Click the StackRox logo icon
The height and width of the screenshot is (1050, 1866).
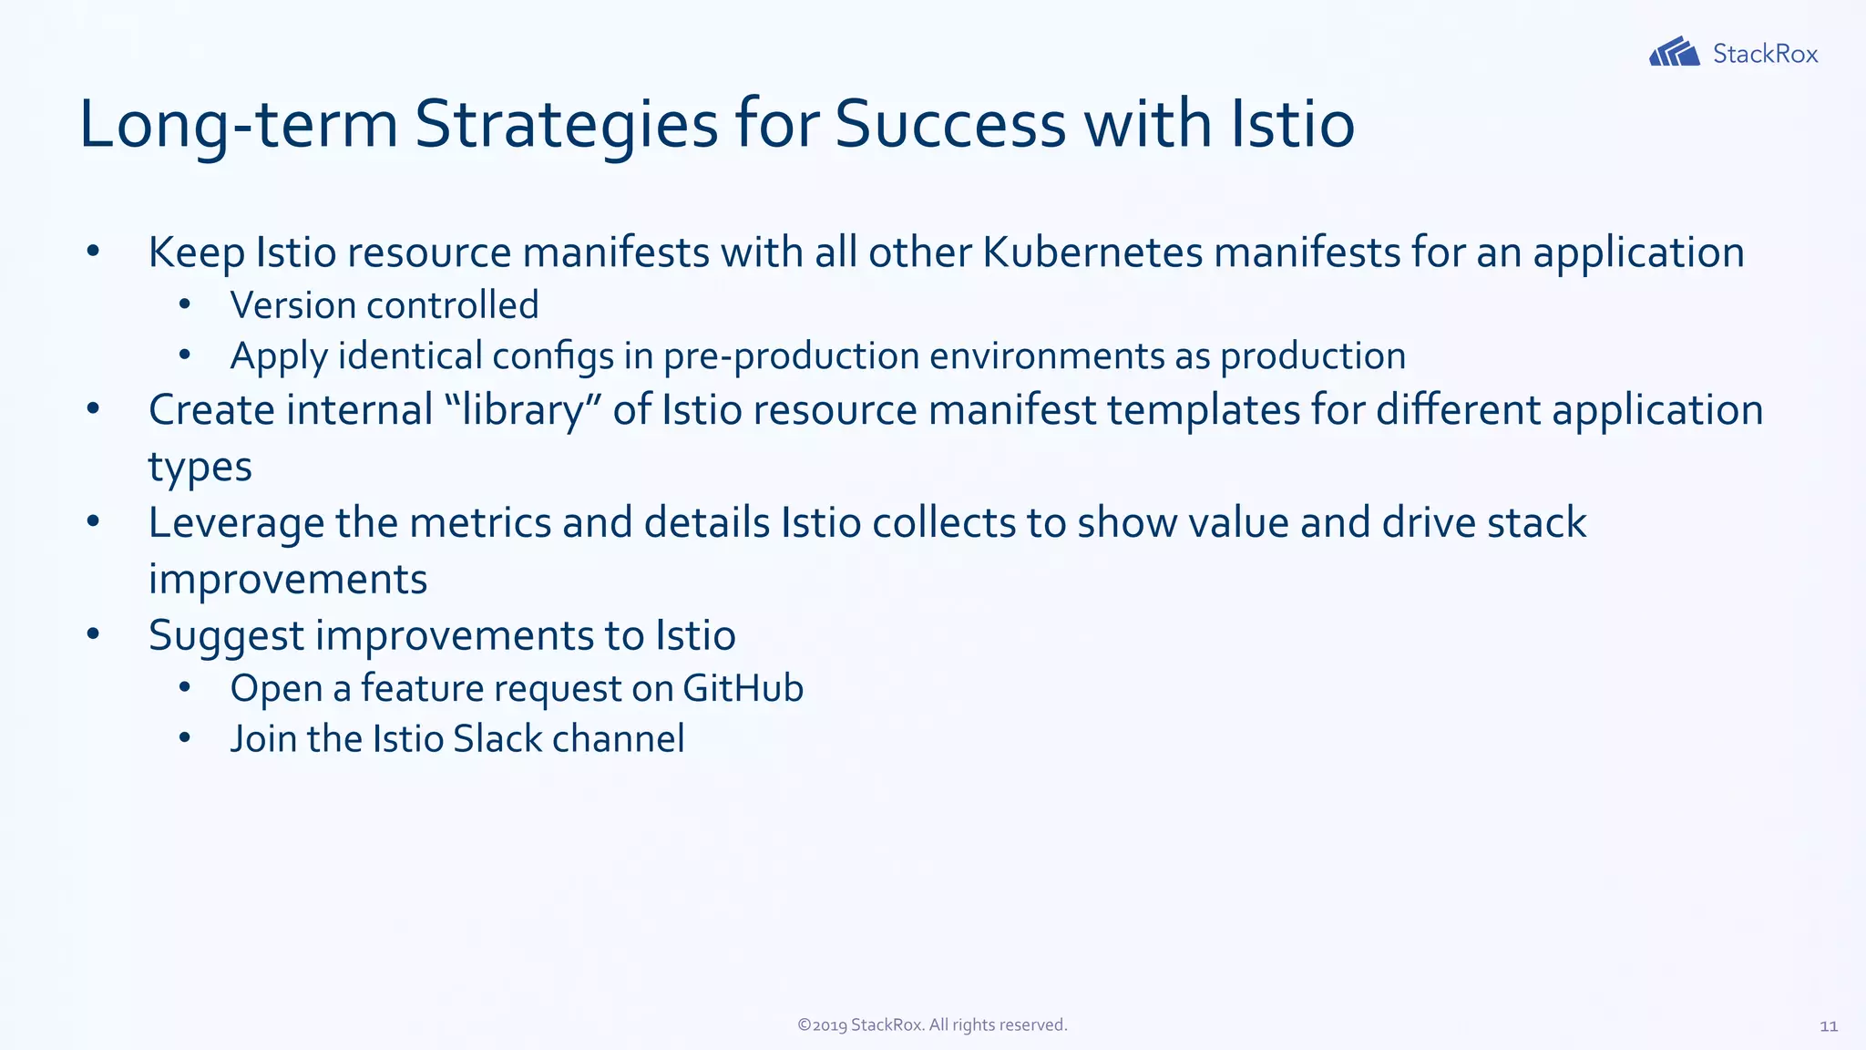click(x=1674, y=53)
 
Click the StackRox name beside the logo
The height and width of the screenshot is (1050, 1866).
click(x=1765, y=54)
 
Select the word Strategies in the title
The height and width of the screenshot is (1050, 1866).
click(x=566, y=124)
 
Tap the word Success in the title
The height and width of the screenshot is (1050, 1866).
click(x=949, y=124)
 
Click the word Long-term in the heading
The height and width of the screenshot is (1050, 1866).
click(x=239, y=124)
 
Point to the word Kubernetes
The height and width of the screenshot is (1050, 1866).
click(x=1092, y=252)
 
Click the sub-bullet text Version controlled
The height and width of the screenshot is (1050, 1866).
click(x=384, y=305)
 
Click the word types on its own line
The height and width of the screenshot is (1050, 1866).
click(x=200, y=468)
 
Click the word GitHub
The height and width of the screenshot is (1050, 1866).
click(x=743, y=688)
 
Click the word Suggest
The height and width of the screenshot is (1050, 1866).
click(x=226, y=636)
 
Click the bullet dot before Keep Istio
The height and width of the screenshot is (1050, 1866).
click(x=92, y=252)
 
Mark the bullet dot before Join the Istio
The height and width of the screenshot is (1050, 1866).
click(x=184, y=737)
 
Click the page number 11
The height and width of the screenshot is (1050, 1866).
click(x=1828, y=1026)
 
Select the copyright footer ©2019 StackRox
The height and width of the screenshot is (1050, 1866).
click(x=932, y=1025)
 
